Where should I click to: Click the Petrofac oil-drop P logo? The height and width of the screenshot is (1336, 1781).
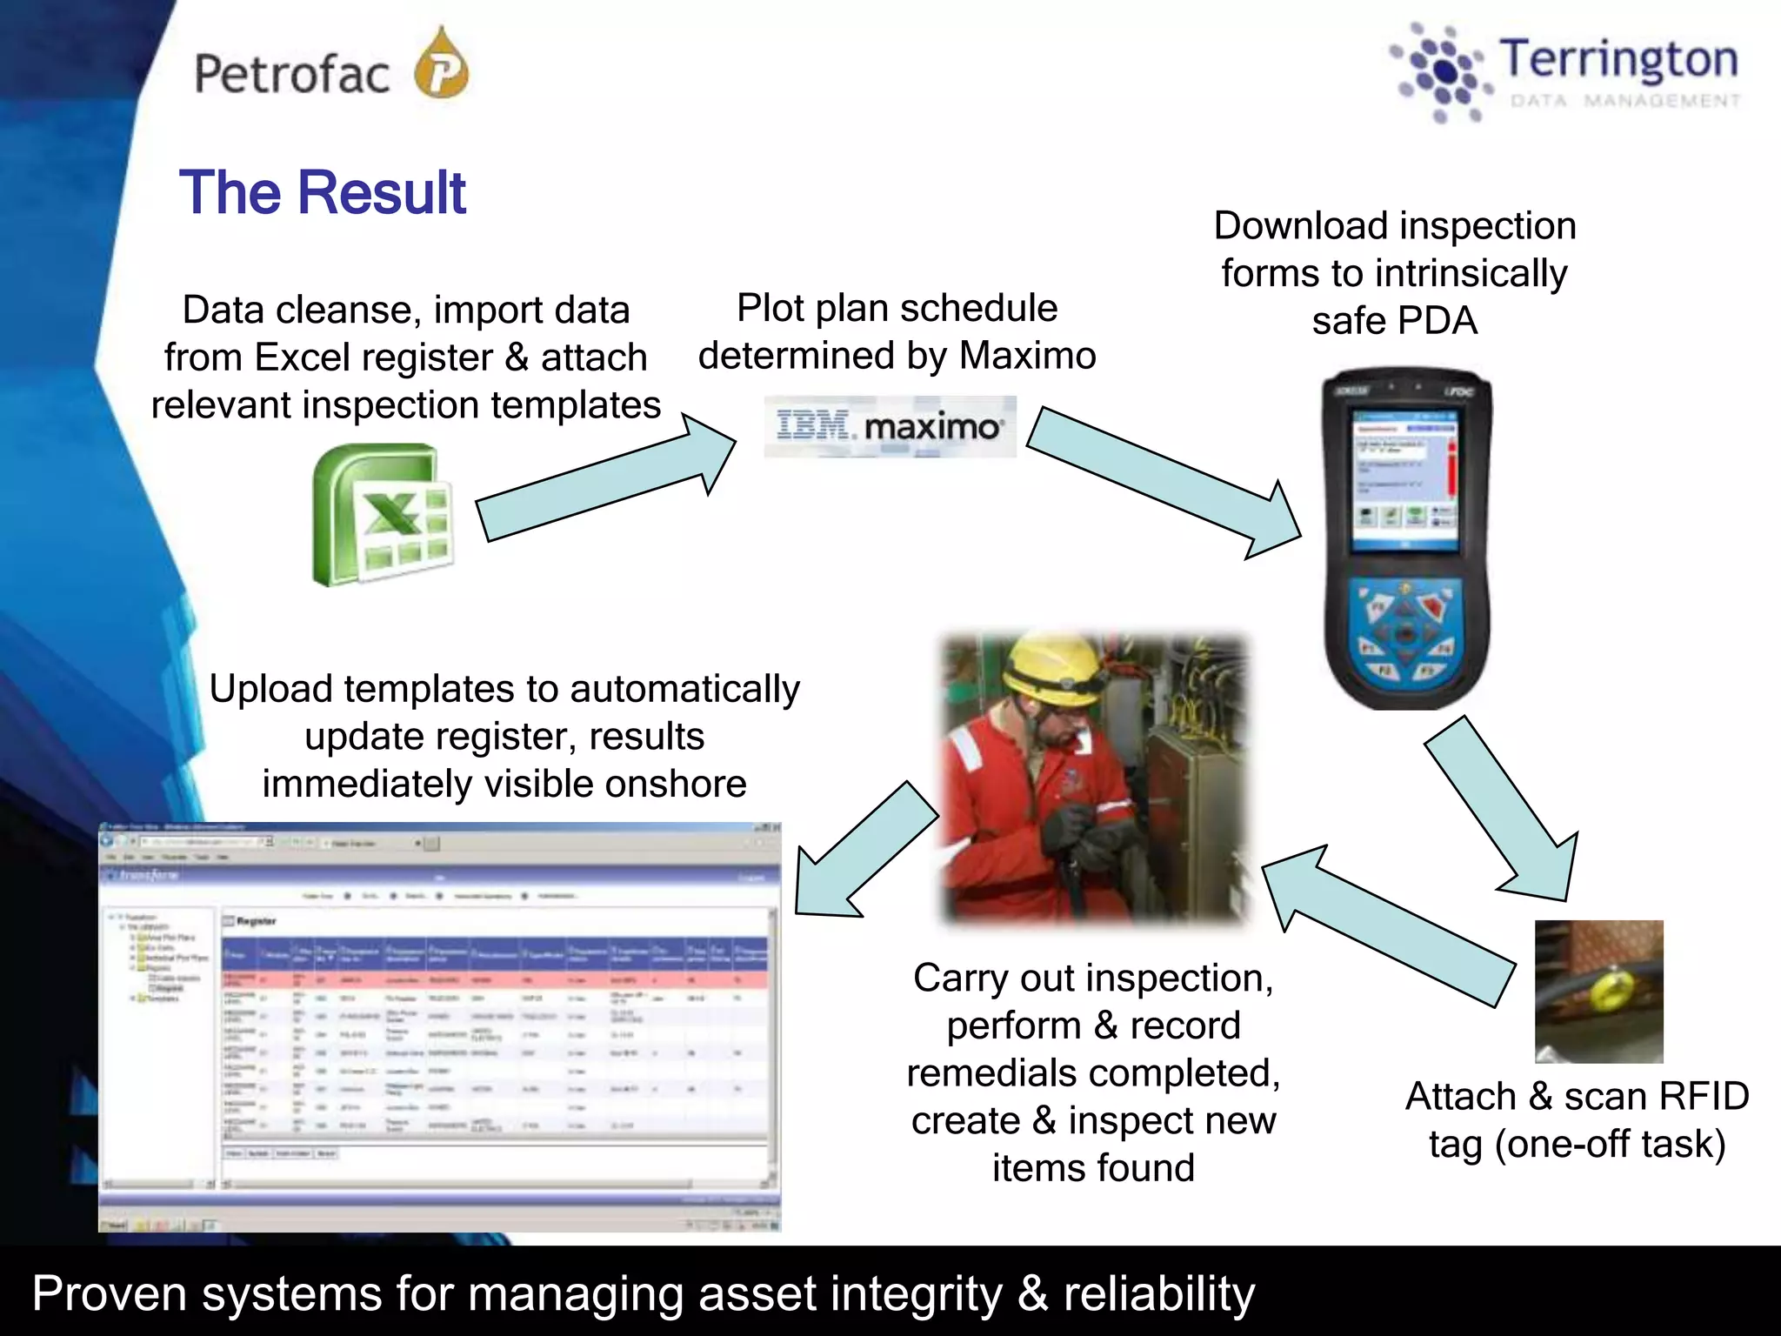click(x=442, y=66)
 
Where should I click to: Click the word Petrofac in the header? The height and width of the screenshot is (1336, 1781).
click(x=291, y=74)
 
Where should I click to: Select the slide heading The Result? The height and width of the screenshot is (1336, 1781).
click(x=323, y=192)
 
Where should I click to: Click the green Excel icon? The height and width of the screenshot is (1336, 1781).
click(x=382, y=514)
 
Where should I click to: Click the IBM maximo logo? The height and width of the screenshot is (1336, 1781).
click(x=890, y=426)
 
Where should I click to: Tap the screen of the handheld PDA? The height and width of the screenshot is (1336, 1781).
click(x=1405, y=478)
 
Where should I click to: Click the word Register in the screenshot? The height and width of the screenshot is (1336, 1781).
click(x=256, y=921)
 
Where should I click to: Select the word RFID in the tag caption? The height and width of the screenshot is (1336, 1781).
click(x=1700, y=1096)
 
